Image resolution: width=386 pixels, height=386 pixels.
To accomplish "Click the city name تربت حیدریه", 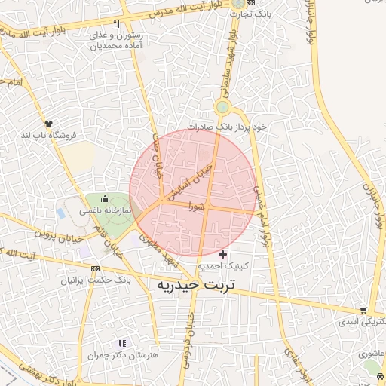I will (x=195, y=286).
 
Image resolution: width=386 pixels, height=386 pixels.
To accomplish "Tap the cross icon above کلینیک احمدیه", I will (x=222, y=254).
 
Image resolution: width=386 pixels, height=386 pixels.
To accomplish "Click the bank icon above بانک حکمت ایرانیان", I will (x=96, y=268).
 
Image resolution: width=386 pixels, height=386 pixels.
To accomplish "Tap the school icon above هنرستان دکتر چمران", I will (x=122, y=343).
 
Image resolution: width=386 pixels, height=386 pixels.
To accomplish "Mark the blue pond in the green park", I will (x=60, y=213).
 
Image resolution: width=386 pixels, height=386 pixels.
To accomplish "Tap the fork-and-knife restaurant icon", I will (x=116, y=24).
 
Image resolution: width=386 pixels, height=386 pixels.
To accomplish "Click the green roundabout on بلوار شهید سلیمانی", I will (x=222, y=107).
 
